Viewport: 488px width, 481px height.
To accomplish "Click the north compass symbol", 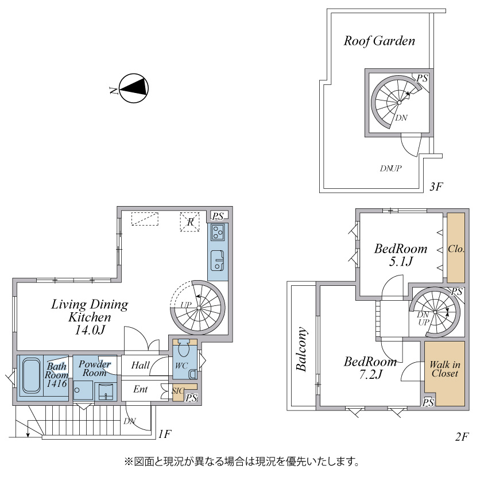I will (x=134, y=88).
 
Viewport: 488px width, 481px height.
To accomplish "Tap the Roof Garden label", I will (x=379, y=41).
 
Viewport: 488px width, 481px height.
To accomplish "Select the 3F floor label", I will (x=437, y=187).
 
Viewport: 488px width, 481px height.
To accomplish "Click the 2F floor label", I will (x=462, y=437).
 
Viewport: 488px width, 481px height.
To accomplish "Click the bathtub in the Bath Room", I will (x=30, y=377).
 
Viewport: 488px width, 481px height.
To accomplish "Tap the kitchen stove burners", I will (x=218, y=232).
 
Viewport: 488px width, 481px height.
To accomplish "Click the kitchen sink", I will (x=218, y=261).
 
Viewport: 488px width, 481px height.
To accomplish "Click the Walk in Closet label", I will (x=444, y=369).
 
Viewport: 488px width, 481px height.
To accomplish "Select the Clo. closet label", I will (x=456, y=249).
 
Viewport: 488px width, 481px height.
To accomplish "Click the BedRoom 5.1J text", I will (x=401, y=255).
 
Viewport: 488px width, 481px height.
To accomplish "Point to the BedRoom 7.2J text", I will (x=370, y=368).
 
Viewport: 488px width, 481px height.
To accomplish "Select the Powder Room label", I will (x=95, y=368).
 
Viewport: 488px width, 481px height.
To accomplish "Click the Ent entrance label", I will (x=141, y=390).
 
